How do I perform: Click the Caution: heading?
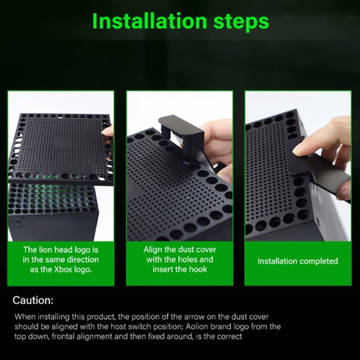(x=33, y=300)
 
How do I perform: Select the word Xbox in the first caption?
(x=63, y=269)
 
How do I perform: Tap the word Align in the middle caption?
(x=152, y=250)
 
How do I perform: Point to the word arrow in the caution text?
(x=191, y=317)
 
